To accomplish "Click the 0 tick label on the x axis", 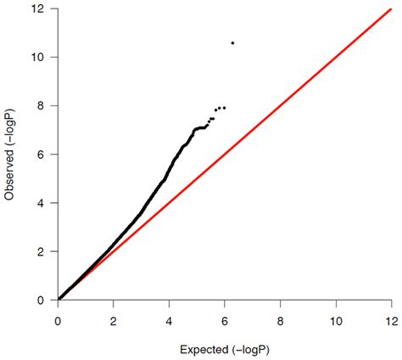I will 58,321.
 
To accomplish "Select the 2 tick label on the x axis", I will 113,321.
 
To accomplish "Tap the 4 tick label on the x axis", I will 169,321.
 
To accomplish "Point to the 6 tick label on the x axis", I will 224,321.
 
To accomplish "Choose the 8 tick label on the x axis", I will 280,321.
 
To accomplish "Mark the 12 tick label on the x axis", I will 390,321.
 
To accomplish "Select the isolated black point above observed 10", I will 232,42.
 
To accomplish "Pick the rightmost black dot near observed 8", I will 225,107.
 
